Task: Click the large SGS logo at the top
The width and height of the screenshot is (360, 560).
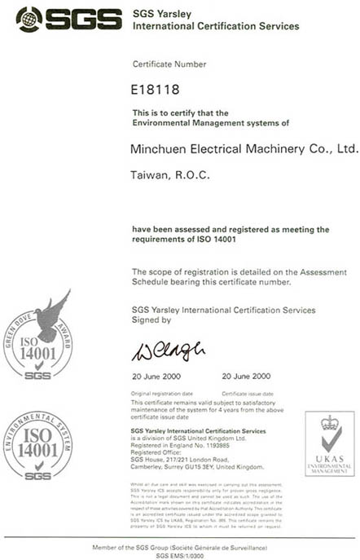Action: coord(62,19)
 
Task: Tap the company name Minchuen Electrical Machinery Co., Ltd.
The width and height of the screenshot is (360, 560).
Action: coord(244,149)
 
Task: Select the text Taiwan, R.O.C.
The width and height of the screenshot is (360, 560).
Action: coord(160,175)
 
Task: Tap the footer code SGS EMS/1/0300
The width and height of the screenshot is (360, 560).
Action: coord(178,554)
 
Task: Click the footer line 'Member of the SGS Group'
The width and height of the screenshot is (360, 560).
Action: coord(178,546)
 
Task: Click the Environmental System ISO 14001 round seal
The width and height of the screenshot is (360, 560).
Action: coord(37,445)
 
